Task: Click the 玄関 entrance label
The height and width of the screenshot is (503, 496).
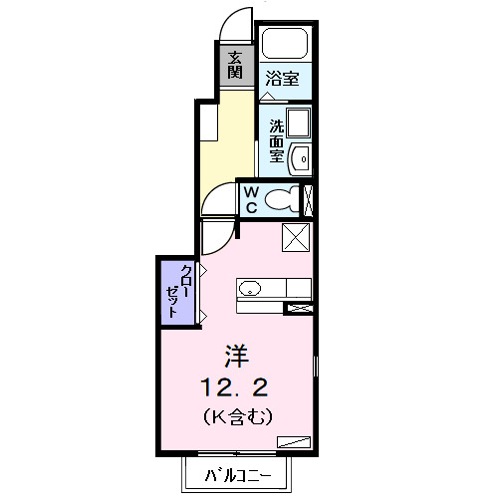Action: [x=235, y=66]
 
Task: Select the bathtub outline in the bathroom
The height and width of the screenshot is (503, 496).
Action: [x=285, y=46]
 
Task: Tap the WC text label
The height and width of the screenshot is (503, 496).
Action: [x=251, y=199]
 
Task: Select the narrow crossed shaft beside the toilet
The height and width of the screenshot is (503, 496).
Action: [x=307, y=200]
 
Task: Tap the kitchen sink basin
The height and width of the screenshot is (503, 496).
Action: [x=250, y=289]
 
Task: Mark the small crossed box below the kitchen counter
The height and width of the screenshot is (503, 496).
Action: [x=298, y=308]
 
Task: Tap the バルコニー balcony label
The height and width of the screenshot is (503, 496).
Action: [x=239, y=476]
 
